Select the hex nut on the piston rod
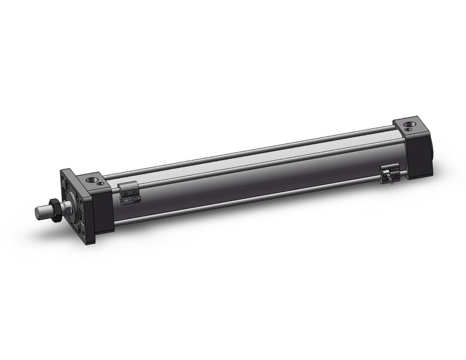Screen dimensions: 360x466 (x=55, y=210)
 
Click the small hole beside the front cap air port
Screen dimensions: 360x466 (x=100, y=183)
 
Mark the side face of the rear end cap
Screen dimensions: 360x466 (x=419, y=156)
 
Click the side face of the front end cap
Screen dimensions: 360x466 (x=103, y=212)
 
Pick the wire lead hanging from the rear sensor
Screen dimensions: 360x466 (x=386, y=179)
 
